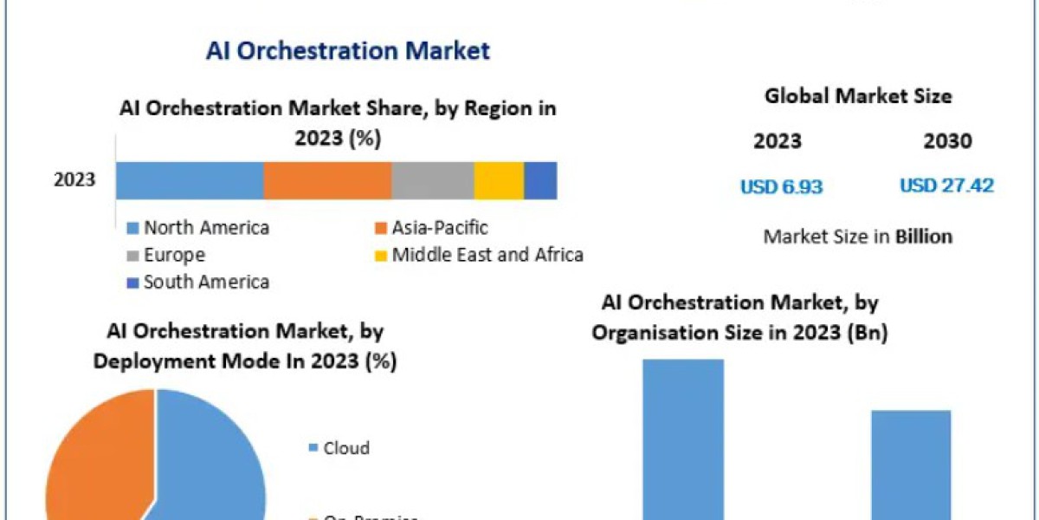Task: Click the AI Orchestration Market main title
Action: coord(348,50)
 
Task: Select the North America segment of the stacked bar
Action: coord(190,180)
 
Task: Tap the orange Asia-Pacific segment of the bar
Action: coord(327,180)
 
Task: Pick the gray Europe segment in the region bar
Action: coord(432,180)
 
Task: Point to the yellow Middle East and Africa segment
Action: coord(499,180)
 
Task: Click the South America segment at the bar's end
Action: coord(540,180)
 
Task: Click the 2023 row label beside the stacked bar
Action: coord(74,180)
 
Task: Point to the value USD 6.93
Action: coord(781,185)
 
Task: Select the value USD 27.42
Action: coord(946,185)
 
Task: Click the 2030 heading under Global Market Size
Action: coord(947,141)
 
